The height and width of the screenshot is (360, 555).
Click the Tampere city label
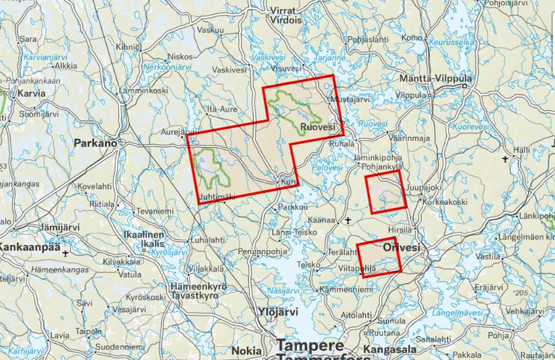click(310, 344)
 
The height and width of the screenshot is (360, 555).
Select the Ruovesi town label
click(317, 126)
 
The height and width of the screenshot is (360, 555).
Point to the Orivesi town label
click(401, 247)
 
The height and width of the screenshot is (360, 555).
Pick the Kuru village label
click(289, 181)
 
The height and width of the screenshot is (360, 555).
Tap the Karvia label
click(31, 94)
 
